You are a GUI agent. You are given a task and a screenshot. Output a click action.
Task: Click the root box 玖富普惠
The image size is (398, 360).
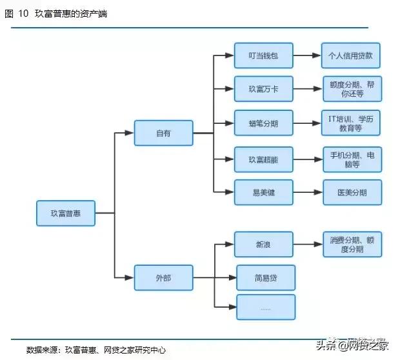(65, 213)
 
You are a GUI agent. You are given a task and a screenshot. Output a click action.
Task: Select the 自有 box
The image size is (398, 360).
(163, 133)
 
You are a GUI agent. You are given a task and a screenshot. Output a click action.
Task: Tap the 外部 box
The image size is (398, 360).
(163, 277)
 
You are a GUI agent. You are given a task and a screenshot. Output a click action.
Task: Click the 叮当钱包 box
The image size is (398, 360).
(263, 56)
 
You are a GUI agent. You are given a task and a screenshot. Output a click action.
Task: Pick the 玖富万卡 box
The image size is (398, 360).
(263, 89)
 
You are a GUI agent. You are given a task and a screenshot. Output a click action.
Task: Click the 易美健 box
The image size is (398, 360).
(263, 192)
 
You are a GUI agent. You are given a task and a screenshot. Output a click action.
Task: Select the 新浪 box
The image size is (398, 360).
(263, 245)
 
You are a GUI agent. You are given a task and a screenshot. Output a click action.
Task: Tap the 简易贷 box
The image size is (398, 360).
(266, 277)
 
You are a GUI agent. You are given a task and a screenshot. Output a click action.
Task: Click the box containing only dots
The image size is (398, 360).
(266, 307)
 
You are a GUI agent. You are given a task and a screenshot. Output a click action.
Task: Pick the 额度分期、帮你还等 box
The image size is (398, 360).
(352, 89)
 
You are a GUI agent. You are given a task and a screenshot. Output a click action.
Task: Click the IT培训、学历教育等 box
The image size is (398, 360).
(352, 123)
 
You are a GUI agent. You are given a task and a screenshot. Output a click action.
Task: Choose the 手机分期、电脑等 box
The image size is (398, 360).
(352, 159)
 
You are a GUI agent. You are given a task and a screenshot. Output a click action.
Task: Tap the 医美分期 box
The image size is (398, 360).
(352, 192)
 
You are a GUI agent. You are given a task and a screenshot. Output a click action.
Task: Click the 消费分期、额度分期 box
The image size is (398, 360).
(352, 245)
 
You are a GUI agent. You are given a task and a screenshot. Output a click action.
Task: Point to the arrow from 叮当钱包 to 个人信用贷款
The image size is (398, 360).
(307, 56)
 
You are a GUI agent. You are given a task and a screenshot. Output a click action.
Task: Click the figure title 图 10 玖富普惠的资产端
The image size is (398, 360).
(55, 14)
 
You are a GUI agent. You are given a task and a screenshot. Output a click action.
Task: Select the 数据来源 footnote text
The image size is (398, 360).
(96, 350)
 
